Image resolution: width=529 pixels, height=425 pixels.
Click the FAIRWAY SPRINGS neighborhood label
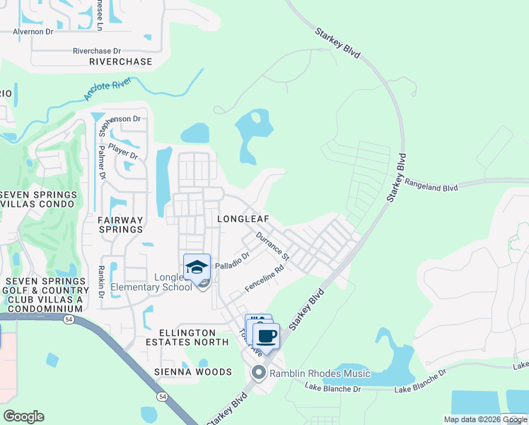120,225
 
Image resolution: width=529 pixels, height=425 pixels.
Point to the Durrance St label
273,244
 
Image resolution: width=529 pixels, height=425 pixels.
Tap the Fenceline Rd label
264,279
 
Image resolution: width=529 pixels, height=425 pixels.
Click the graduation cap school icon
197,267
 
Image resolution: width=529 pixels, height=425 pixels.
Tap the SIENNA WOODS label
193,372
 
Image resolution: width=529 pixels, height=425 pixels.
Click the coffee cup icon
266,336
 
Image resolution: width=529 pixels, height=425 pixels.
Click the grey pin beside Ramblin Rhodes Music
259,373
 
